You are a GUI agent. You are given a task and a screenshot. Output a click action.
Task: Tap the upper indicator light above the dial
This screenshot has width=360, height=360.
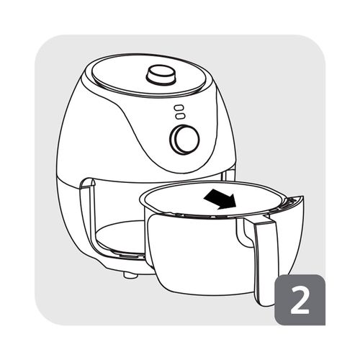tap(179, 107)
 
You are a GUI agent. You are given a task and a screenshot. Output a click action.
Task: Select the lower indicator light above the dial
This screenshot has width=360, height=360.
tap(180, 116)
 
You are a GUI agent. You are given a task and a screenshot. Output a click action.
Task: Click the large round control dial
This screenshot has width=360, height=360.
tap(185, 139)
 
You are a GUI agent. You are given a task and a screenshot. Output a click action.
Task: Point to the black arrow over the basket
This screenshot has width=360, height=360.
tap(220, 199)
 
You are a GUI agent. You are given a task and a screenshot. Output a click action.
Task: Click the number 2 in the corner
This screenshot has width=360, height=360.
tap(300, 300)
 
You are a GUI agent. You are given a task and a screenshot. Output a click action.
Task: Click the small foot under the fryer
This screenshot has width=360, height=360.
tap(130, 274)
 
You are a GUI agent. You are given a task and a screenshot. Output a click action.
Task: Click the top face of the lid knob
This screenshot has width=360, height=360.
tap(161, 71)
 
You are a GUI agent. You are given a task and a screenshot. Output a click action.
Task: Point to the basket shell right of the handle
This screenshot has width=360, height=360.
tap(290, 240)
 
